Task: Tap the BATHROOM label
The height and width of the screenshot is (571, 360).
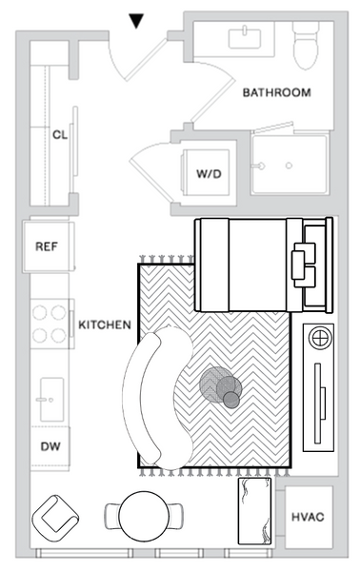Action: (x=276, y=92)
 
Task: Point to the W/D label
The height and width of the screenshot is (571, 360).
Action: (x=210, y=175)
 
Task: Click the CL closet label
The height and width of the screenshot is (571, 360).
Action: (x=59, y=134)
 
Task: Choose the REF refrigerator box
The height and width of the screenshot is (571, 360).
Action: (x=48, y=246)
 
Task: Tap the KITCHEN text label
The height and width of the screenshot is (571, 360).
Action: (x=104, y=325)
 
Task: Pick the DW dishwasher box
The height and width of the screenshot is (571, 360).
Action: (x=49, y=445)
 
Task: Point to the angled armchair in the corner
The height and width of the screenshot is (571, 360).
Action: (x=56, y=519)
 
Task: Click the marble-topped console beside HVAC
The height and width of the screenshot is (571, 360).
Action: (x=254, y=511)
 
